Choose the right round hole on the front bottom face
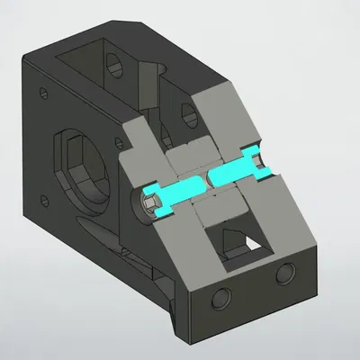286,272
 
